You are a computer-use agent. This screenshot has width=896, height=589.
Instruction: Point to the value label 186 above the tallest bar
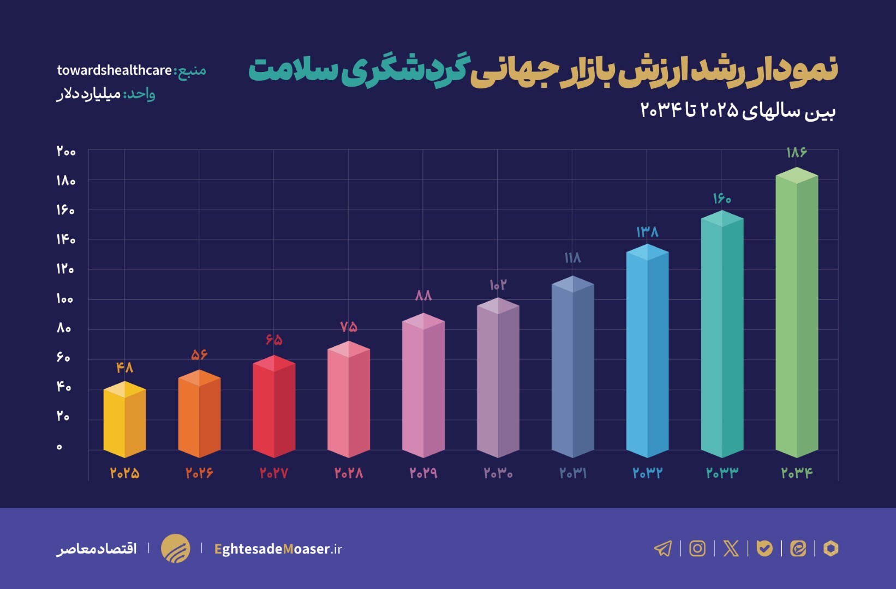[x=796, y=152]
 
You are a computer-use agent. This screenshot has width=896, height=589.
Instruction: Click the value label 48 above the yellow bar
[x=124, y=368]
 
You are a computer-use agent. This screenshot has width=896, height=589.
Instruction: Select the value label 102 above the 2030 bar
[x=498, y=285]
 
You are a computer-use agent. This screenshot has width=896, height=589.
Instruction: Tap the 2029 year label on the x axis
[x=423, y=473]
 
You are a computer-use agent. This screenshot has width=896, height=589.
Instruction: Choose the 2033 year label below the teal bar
[x=722, y=473]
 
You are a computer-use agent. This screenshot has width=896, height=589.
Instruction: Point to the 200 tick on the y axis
[x=66, y=151]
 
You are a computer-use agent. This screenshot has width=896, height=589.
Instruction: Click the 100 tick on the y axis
[x=64, y=299]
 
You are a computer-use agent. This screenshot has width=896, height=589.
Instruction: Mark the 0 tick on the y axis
[x=59, y=447]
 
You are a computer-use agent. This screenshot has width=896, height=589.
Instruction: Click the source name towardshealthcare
[x=115, y=70]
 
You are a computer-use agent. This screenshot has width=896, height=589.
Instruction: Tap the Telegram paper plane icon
[x=663, y=548]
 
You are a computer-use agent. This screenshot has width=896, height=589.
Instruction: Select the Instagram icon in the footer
[x=697, y=548]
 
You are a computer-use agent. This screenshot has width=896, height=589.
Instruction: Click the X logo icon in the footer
[x=731, y=548]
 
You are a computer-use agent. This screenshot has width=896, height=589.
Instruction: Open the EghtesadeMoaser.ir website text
[x=278, y=549]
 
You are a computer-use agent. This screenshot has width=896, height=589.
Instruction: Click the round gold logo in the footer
[x=176, y=548]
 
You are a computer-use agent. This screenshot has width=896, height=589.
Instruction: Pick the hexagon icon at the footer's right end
[x=831, y=548]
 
